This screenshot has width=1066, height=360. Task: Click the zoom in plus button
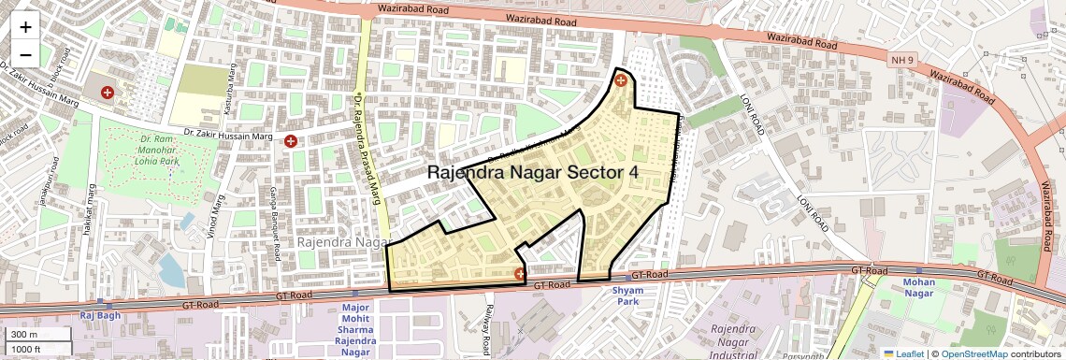(25, 27)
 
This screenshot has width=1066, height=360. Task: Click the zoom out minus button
(25, 54)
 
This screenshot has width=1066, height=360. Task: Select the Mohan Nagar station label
(918, 287)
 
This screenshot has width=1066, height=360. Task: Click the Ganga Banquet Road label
(276, 225)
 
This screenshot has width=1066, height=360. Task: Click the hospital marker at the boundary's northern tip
(620, 80)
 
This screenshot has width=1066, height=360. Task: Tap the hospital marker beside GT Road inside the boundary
(520, 274)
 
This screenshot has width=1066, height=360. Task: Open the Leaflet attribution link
(903, 353)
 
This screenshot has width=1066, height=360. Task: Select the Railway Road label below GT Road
(487, 324)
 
